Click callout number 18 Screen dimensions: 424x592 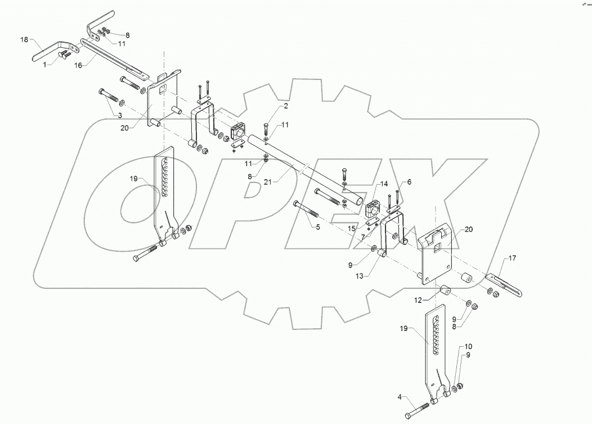(24, 41)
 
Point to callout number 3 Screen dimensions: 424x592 (119, 115)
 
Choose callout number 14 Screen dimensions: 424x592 (383, 184)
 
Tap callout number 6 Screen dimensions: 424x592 (409, 182)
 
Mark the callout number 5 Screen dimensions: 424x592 (317, 227)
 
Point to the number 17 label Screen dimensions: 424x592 (512, 258)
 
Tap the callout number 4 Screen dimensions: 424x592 (401, 398)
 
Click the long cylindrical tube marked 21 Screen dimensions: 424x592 (304, 169)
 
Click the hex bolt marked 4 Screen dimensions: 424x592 (419, 409)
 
